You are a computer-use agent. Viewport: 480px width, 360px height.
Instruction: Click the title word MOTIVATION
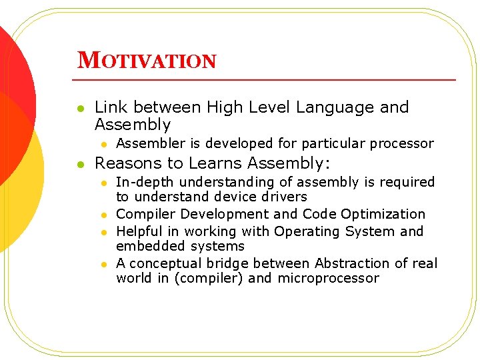click(147, 61)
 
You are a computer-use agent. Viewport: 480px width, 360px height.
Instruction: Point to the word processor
click(401, 143)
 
